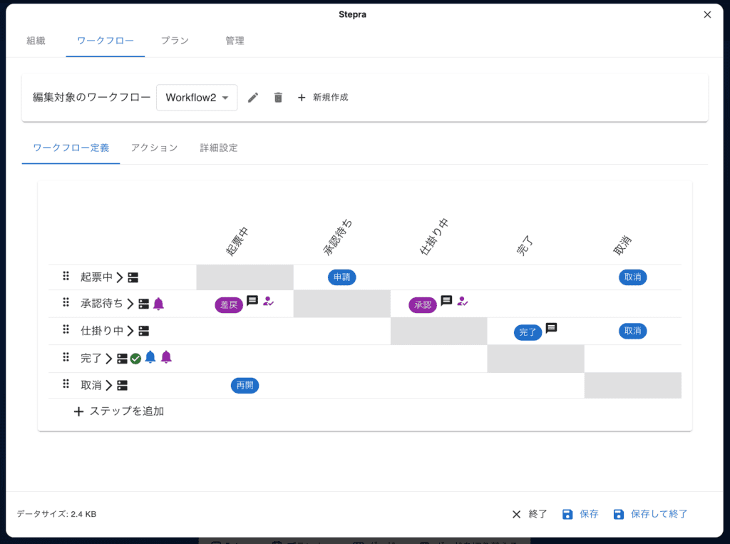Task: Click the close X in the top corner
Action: pyautogui.click(x=707, y=15)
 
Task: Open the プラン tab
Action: pyautogui.click(x=175, y=41)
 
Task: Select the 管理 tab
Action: pyautogui.click(x=235, y=41)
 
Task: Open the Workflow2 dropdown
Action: pyautogui.click(x=197, y=98)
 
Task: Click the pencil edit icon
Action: pyautogui.click(x=253, y=98)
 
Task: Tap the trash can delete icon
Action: pyautogui.click(x=278, y=98)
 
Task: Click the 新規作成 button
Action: pyautogui.click(x=323, y=98)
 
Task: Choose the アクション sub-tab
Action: pyautogui.click(x=154, y=148)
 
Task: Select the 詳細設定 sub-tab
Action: pyautogui.click(x=219, y=148)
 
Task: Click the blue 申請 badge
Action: pyautogui.click(x=341, y=277)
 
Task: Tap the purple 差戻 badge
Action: pyautogui.click(x=229, y=305)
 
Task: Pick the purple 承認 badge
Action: pyautogui.click(x=423, y=305)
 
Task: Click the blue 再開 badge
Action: pyautogui.click(x=245, y=386)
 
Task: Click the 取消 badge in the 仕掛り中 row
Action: pyautogui.click(x=633, y=331)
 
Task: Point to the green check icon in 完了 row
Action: pyautogui.click(x=135, y=359)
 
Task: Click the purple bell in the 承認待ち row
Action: pyautogui.click(x=158, y=304)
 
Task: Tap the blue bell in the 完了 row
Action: pyautogui.click(x=150, y=357)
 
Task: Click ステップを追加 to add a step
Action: pyautogui.click(x=119, y=411)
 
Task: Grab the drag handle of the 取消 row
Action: pyautogui.click(x=66, y=384)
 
